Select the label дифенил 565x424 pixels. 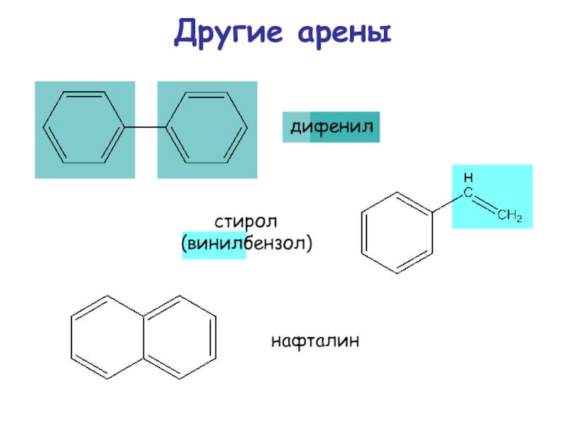(331, 128)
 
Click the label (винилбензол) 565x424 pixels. (246, 245)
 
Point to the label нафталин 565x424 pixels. (315, 342)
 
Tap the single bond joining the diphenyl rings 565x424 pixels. (145, 128)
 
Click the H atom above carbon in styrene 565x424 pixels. (468, 176)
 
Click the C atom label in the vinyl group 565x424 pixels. (468, 191)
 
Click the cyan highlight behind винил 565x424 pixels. (214, 245)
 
